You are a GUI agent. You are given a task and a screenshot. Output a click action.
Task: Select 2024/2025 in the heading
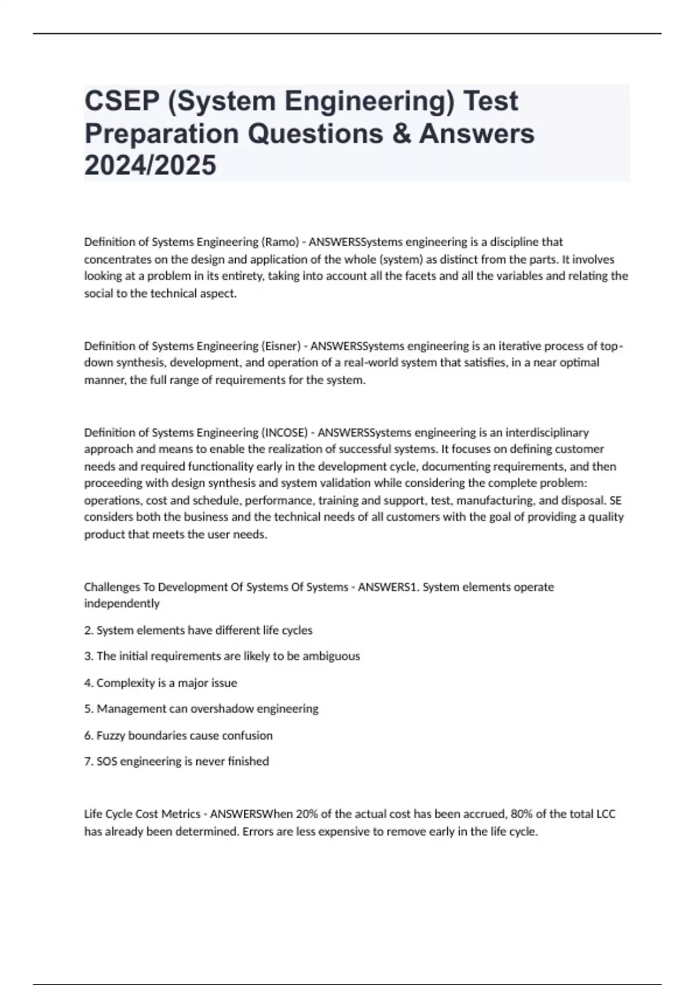point(150,165)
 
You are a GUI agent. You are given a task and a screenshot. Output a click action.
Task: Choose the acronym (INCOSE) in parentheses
point(285,432)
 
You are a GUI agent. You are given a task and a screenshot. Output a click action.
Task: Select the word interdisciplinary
point(547,432)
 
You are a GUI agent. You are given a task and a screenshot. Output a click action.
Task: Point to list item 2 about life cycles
point(198,630)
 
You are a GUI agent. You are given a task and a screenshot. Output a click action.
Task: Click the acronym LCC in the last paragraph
point(605,814)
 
